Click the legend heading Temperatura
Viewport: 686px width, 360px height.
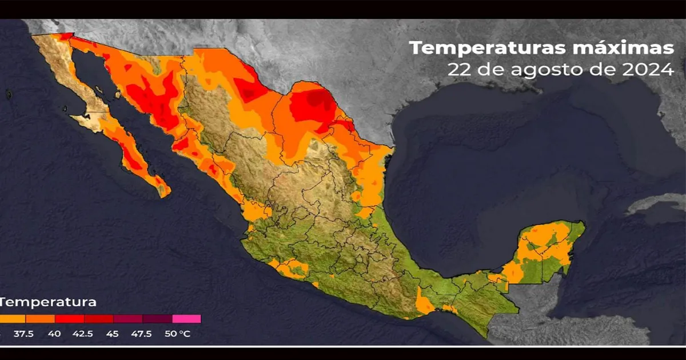click(48, 302)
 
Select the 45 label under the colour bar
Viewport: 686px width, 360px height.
click(113, 334)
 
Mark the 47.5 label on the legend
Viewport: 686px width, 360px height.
click(142, 334)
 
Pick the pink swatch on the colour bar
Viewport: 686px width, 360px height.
click(186, 319)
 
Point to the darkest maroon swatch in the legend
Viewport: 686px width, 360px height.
click(157, 319)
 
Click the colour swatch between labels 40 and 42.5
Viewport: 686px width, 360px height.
click(69, 319)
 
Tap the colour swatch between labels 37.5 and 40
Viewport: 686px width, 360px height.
click(40, 319)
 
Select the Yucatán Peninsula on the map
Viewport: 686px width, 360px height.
click(546, 251)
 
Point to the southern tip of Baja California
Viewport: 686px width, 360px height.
click(164, 191)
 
